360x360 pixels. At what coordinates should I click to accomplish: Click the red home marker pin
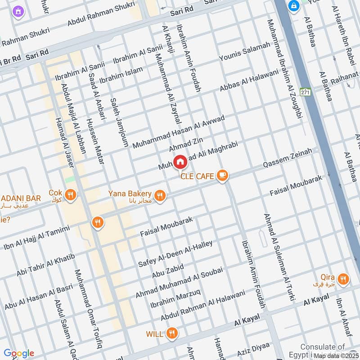[180, 162]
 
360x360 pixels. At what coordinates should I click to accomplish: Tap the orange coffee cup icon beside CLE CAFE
[221, 176]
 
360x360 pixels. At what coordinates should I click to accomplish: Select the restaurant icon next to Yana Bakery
[159, 196]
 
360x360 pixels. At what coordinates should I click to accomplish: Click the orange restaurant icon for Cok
[70, 195]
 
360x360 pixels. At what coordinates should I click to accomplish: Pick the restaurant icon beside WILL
[171, 333]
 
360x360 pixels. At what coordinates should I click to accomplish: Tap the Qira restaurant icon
[343, 279]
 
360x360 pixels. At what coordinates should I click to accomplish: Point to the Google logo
[18, 353]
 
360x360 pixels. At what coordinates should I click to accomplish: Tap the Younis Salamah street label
[245, 52]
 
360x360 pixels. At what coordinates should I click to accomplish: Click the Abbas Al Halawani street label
[249, 75]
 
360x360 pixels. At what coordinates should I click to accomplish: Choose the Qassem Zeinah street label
[288, 159]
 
